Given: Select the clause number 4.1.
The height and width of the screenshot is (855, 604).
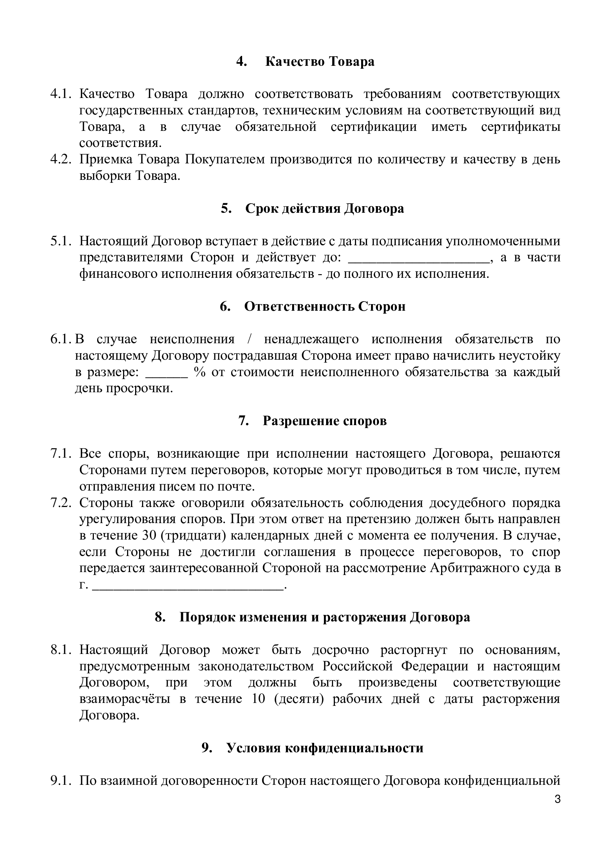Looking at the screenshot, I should click(x=61, y=94).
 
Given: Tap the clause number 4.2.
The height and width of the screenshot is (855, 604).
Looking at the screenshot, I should click(x=61, y=159).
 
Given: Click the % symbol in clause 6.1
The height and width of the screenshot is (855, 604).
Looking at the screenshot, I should click(x=200, y=372).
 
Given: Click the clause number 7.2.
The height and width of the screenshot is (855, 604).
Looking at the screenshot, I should click(x=61, y=503).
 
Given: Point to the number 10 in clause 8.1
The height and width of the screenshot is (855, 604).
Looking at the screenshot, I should click(x=258, y=699).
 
